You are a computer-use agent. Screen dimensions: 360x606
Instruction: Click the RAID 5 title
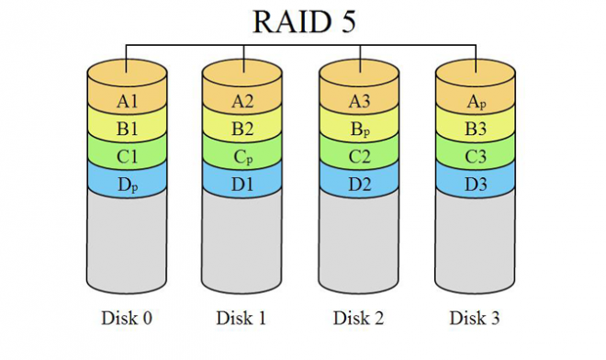point(301,22)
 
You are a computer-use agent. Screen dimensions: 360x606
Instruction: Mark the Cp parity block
point(243,155)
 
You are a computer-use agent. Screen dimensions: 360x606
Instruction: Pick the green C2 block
point(360,155)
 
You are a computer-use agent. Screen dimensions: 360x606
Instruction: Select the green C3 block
point(476,155)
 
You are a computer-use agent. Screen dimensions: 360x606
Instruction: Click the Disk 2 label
point(358,319)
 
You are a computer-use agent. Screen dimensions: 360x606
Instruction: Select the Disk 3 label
point(475,319)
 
